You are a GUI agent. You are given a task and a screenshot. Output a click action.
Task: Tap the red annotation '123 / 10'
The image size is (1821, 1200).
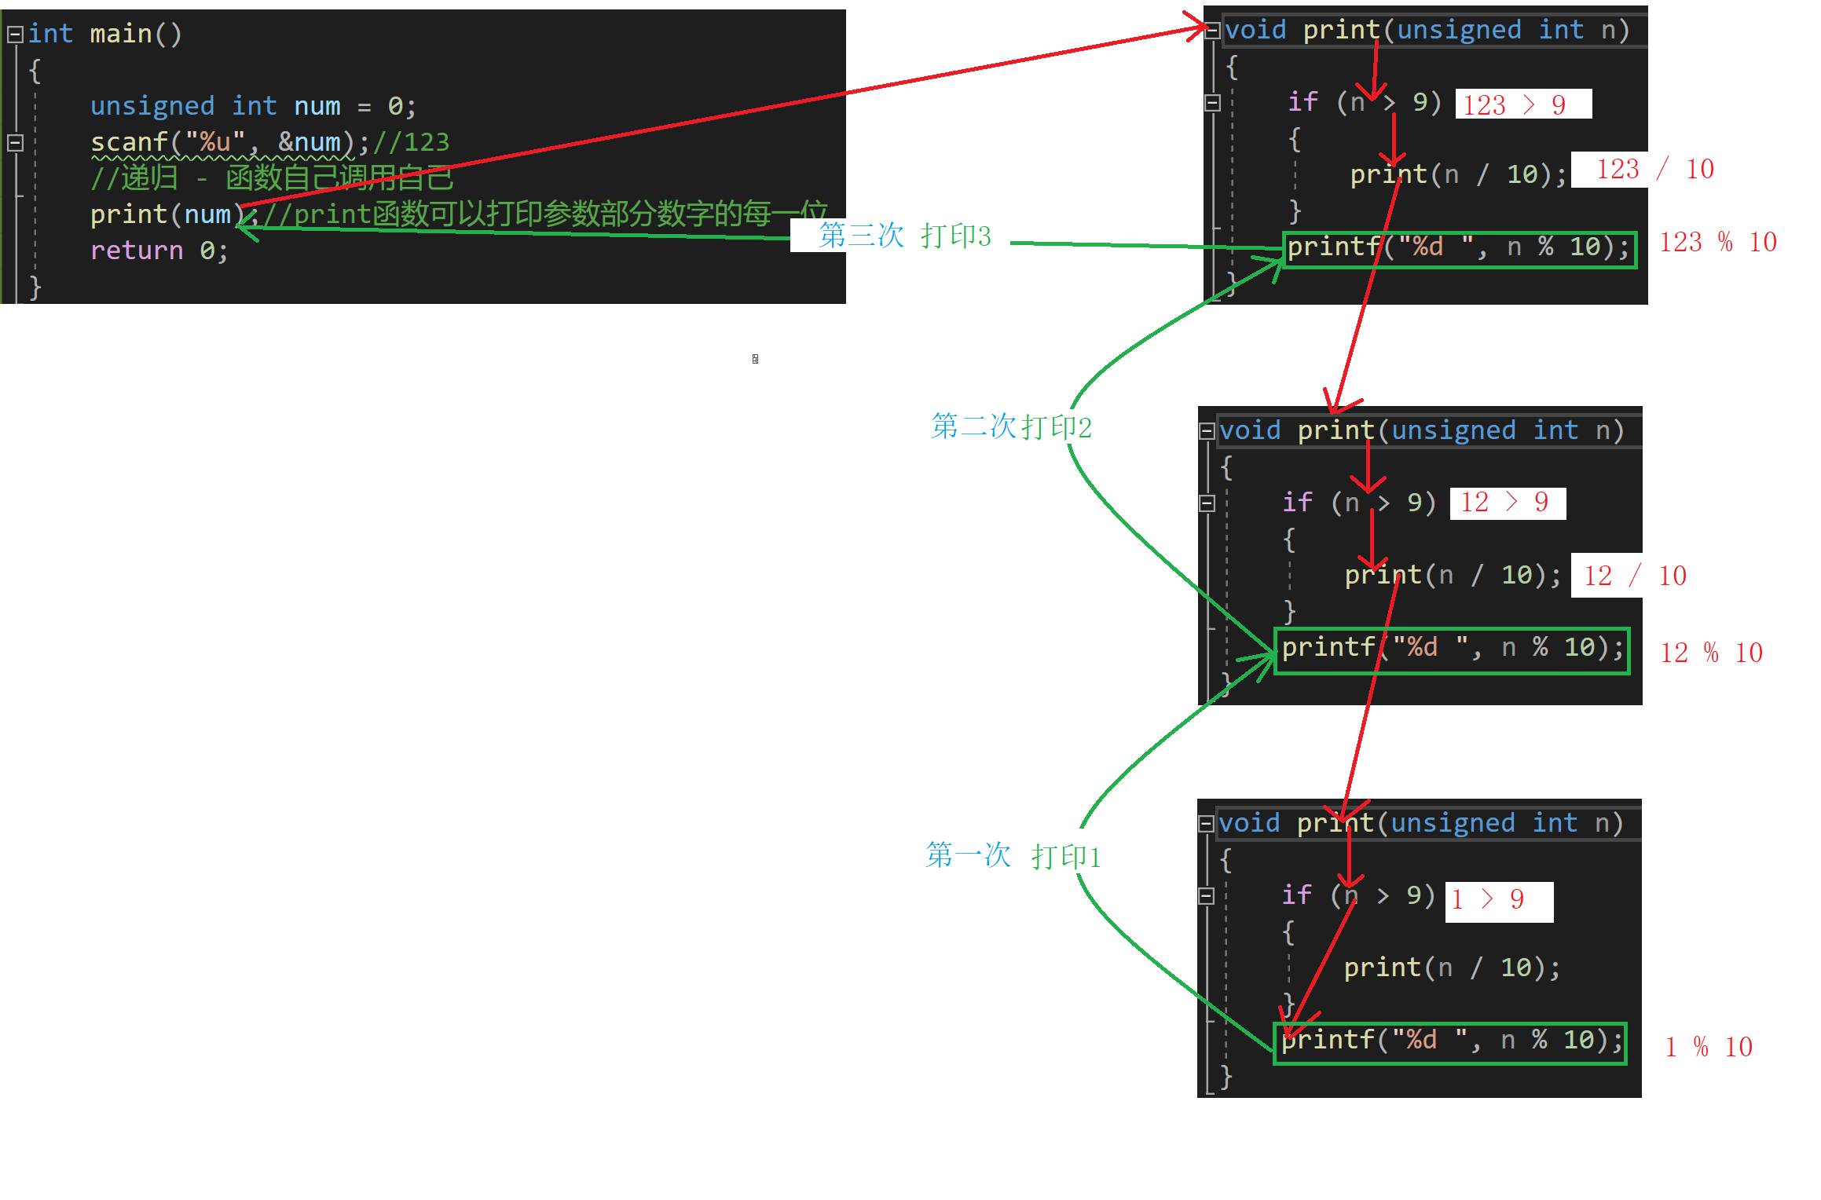point(1654,169)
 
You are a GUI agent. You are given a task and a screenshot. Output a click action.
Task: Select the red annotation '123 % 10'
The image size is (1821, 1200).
point(1717,242)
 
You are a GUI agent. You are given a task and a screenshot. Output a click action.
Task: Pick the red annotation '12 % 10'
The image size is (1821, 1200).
point(1711,653)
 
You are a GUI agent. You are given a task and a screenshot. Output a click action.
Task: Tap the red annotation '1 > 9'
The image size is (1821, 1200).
point(1488,899)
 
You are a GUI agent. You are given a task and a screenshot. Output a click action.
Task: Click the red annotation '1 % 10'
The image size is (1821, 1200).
point(1708,1047)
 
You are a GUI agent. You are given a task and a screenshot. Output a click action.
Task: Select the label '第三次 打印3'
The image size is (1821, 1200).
point(904,236)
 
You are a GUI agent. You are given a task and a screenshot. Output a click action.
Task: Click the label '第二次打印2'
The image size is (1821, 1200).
point(1011,426)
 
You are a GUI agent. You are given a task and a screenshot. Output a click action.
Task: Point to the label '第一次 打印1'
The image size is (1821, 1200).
point(1013,855)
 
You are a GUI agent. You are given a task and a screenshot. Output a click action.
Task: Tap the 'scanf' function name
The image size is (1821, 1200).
point(129,142)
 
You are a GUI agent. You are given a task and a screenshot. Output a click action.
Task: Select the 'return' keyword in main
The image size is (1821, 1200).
point(136,251)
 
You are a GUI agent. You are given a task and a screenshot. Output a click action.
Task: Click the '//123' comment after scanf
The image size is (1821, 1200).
point(411,142)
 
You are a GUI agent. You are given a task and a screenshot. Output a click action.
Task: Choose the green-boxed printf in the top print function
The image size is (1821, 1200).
point(1459,248)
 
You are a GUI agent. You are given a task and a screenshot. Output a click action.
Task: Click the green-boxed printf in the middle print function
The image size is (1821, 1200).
point(1452,649)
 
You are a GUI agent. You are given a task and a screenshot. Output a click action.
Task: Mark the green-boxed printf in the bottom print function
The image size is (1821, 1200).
point(1450,1041)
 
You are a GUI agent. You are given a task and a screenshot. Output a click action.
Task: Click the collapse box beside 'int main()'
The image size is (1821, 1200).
point(15,35)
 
